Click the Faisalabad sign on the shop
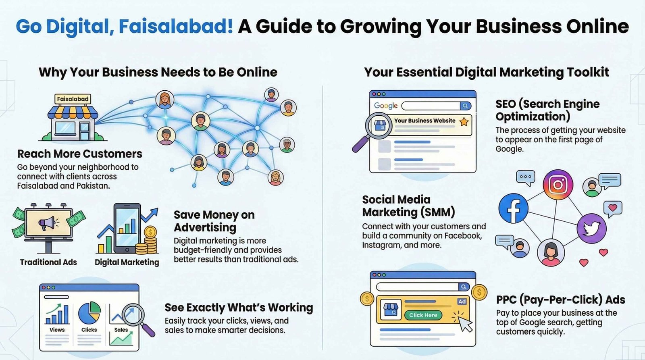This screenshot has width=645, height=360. (x=73, y=99)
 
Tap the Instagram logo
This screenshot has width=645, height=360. (x=558, y=185)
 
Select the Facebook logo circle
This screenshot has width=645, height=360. (x=514, y=208)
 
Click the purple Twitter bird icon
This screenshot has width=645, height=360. (x=591, y=229)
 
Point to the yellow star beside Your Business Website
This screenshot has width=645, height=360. (x=464, y=122)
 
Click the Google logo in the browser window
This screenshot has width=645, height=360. (x=386, y=106)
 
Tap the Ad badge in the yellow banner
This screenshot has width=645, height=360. (x=462, y=302)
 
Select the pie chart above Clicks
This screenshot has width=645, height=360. (x=89, y=313)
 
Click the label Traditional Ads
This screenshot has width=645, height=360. (x=48, y=262)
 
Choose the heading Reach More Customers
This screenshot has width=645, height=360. (x=80, y=154)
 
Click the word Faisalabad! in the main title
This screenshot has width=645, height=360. (x=176, y=27)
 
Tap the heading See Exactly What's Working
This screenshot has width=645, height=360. (x=239, y=308)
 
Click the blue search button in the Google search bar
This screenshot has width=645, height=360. (x=465, y=106)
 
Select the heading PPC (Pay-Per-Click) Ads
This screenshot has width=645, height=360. (x=560, y=300)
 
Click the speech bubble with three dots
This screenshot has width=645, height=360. (x=526, y=177)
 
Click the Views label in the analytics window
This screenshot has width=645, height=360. (x=57, y=330)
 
